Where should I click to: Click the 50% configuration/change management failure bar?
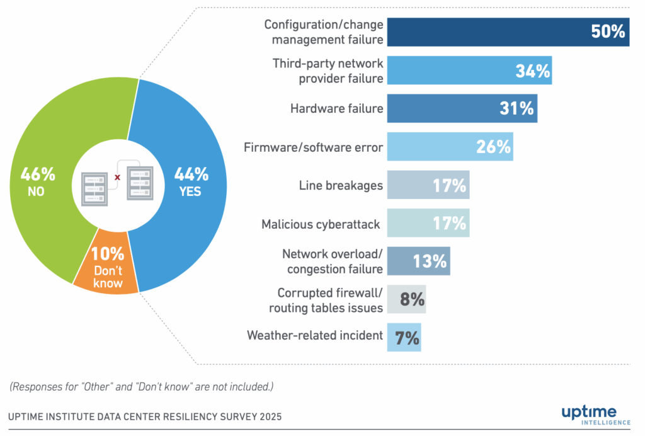click(508, 32)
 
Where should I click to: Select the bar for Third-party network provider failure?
click(469, 71)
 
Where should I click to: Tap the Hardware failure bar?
click(462, 108)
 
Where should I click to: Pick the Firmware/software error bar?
click(450, 147)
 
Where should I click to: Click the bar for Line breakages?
click(428, 185)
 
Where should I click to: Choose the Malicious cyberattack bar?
click(428, 223)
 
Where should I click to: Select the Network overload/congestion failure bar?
click(418, 261)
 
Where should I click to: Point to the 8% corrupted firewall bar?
click(406, 299)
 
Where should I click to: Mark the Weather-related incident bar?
click(404, 337)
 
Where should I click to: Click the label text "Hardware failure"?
click(336, 108)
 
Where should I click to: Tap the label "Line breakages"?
click(341, 185)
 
